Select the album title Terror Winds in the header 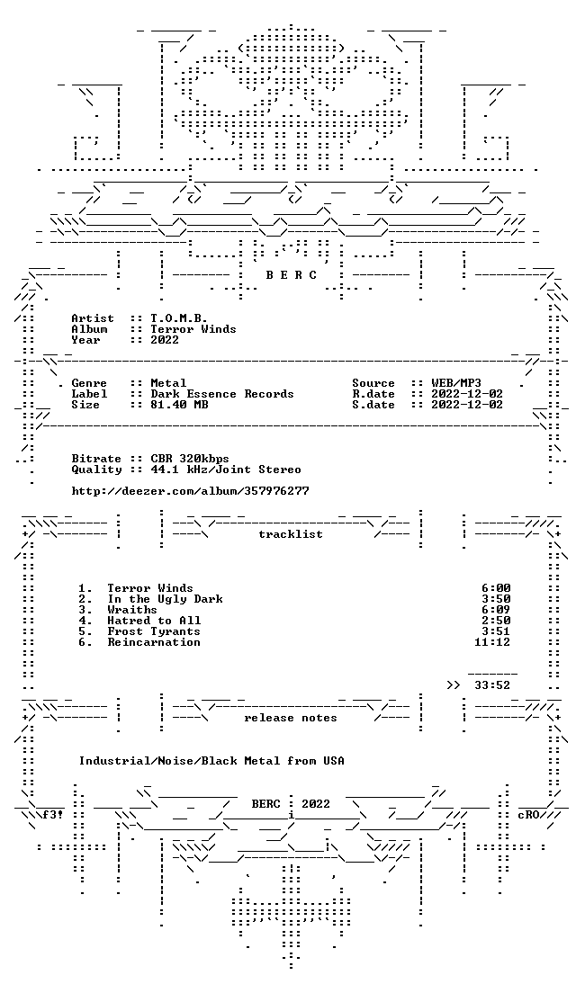coord(193,328)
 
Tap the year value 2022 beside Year coord(165,339)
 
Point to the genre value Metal coord(168,382)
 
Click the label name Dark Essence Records coord(221,393)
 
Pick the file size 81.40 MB coord(179,404)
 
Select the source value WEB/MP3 coord(456,382)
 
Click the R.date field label coord(373,393)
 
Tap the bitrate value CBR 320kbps coord(190,458)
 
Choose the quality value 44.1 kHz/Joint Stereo coord(226,469)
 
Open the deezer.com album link coord(190,490)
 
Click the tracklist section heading coord(290,534)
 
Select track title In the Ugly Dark coord(165,598)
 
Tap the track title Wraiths coord(132,609)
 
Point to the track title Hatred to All coord(154,620)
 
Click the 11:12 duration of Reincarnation coord(492,641)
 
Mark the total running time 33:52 coord(492,684)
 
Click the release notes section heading coord(290,718)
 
